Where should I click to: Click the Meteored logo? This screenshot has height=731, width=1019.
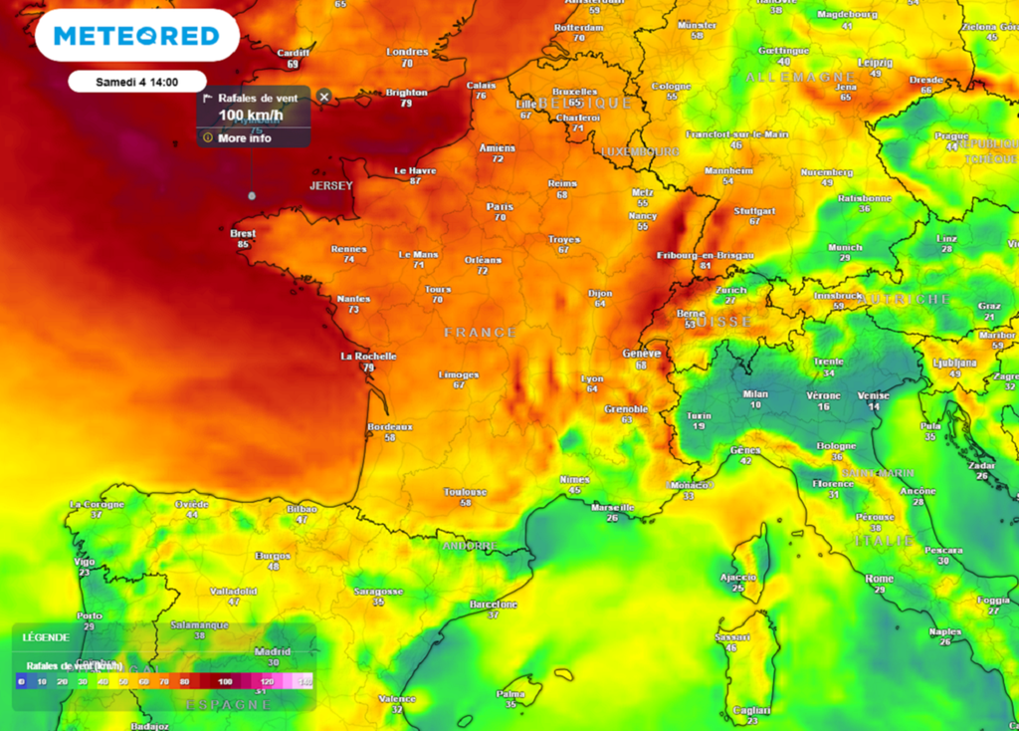coord(136,37)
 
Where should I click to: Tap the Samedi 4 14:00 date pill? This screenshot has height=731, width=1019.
coord(136,81)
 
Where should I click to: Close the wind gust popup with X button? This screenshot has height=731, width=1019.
coord(323,98)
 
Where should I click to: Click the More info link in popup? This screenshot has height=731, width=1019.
coord(244,138)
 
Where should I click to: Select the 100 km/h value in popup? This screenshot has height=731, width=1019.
coord(251,116)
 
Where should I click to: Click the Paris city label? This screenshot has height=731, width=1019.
coord(500,207)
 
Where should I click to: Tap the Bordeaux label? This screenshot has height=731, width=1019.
coord(389,426)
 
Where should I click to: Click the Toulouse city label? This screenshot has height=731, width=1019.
coord(466,492)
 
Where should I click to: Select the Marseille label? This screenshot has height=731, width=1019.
coord(612,507)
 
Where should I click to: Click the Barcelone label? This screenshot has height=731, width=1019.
coord(494,605)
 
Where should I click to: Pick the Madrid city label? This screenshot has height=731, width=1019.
coord(273,652)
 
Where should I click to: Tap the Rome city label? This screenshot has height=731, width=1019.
coord(879,579)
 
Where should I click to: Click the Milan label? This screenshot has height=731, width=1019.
coord(755,393)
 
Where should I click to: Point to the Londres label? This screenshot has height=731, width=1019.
coord(407,52)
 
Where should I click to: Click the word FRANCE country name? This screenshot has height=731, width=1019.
coord(480,332)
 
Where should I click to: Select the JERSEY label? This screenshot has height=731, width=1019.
coord(331,186)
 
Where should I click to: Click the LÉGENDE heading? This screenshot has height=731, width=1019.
coord(46,637)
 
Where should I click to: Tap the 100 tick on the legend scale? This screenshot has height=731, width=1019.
coord(226,682)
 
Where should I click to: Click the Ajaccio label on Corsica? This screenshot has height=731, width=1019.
coord(737,577)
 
